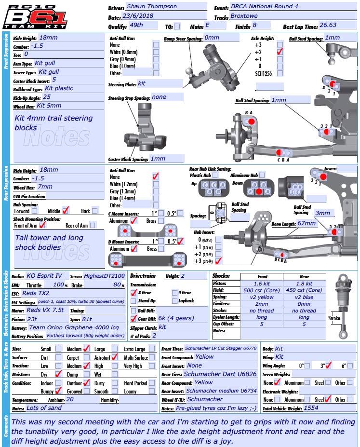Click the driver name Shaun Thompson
[151, 7]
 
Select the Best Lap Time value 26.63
[328, 26]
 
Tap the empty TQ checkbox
[177, 27]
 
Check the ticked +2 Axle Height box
[280, 52]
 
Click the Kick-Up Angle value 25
[47, 97]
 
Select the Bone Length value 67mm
[307, 223]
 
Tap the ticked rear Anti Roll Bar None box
[156, 177]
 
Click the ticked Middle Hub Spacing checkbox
[66, 210]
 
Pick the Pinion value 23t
[33, 319]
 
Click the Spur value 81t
[87, 319]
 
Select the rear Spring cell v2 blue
[304, 297]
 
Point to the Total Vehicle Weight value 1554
[311, 408]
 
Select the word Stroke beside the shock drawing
[334, 318]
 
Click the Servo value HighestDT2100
[104, 276]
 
